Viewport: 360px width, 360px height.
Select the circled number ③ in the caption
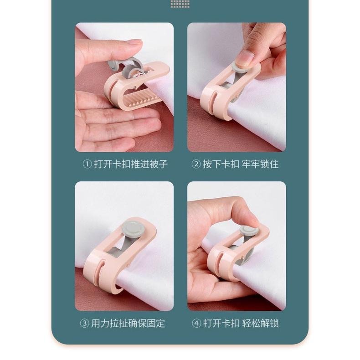84,324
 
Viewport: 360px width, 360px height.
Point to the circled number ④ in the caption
196,324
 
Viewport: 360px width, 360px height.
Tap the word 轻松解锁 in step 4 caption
260,324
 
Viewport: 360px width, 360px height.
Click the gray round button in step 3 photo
132,227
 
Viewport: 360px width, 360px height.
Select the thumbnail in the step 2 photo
245,58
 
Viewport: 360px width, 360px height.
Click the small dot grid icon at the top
180,4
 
